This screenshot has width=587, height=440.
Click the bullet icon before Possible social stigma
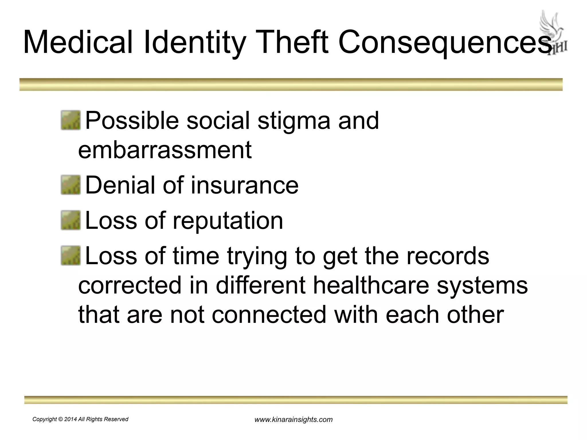(x=71, y=121)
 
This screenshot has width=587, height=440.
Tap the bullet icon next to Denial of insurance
(x=71, y=185)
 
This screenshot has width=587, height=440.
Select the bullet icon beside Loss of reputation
(x=71, y=220)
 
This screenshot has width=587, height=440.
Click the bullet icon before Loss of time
(x=71, y=256)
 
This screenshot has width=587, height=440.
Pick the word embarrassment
(x=165, y=150)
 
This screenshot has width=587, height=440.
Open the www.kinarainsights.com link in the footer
(x=293, y=420)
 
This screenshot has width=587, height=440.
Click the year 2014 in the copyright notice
(x=71, y=419)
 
